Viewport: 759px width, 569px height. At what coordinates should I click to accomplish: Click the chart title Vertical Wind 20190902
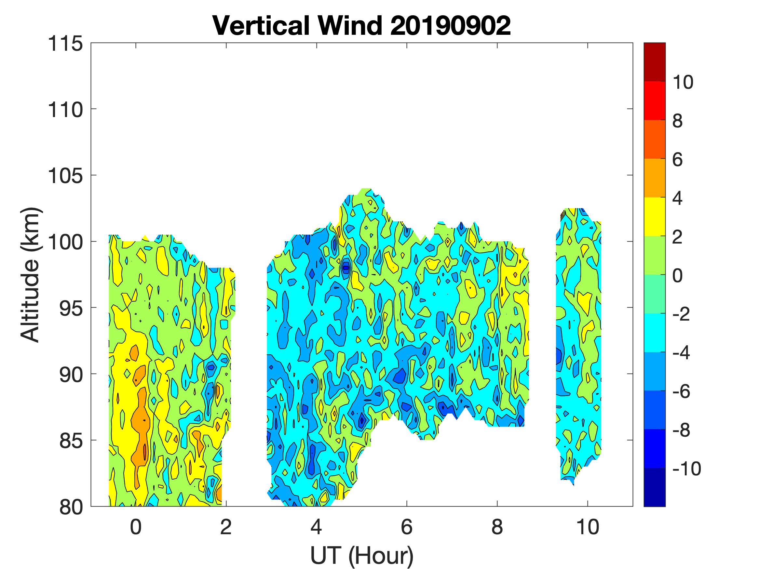click(x=361, y=26)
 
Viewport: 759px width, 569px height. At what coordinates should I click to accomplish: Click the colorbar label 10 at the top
click(x=683, y=82)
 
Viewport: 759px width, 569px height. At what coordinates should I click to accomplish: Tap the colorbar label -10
click(x=686, y=469)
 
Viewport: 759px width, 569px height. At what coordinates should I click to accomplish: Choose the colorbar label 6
click(x=677, y=160)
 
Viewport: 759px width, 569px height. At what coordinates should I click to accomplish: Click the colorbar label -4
click(x=682, y=352)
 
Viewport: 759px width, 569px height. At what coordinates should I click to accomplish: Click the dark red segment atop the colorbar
click(x=654, y=62)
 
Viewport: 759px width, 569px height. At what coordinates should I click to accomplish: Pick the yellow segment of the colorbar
click(x=654, y=217)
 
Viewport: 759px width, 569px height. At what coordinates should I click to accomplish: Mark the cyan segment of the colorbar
click(x=654, y=333)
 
